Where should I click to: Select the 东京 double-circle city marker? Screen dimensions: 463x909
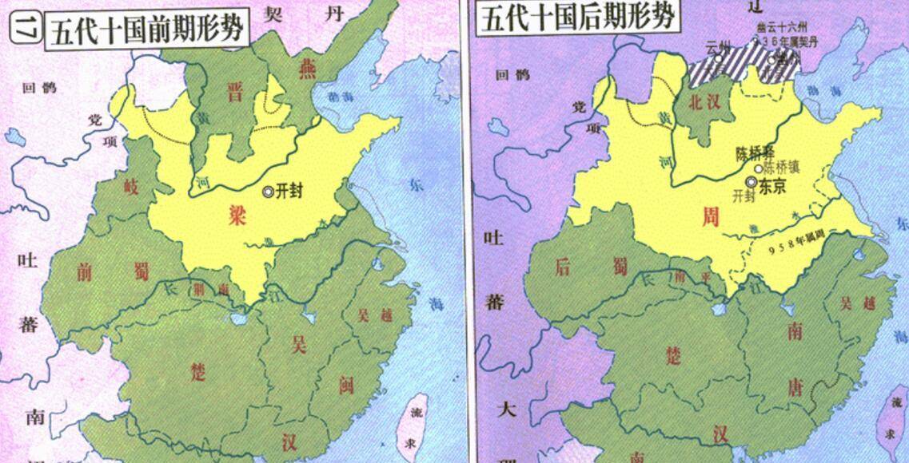[750, 182]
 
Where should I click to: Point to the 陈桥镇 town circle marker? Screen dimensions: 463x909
[757, 168]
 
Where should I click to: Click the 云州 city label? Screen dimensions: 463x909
[719, 49]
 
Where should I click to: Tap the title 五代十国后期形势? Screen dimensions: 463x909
[578, 16]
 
